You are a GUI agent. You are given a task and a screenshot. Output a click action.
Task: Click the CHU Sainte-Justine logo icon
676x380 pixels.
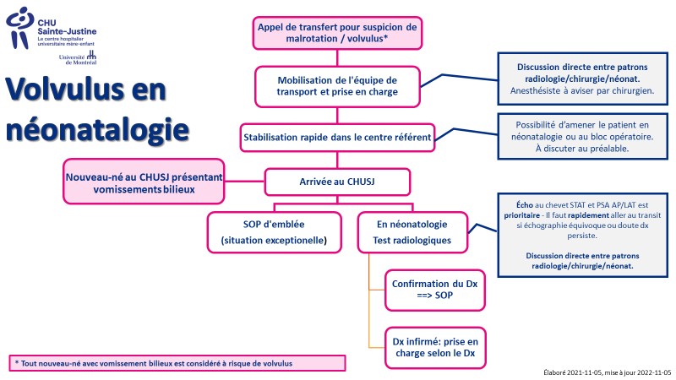(19, 28)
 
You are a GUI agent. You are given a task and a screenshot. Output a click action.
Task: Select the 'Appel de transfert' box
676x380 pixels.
(337, 33)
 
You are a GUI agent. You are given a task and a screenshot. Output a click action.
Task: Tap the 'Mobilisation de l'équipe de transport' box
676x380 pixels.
(337, 86)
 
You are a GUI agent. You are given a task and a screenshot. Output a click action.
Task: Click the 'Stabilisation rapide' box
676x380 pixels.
(337, 138)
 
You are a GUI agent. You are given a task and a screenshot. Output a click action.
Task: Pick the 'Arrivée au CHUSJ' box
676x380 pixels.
(337, 182)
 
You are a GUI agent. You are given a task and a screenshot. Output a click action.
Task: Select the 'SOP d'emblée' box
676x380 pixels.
(274, 232)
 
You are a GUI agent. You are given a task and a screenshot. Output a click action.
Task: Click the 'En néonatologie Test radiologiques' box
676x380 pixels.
(412, 232)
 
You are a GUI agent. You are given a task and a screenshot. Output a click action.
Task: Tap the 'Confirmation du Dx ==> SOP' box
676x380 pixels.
(435, 290)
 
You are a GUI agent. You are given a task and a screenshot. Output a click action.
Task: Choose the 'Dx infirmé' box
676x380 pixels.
(435, 348)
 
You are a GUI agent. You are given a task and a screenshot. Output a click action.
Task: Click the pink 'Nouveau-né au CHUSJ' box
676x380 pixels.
(144, 182)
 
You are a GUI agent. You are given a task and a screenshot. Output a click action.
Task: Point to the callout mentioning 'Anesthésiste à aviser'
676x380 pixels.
(582, 79)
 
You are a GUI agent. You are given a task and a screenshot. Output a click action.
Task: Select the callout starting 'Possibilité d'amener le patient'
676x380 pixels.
(582, 137)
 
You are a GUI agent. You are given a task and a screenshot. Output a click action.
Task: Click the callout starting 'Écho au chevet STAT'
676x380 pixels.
(582, 236)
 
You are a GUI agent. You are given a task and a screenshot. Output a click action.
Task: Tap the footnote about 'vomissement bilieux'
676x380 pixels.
(177, 363)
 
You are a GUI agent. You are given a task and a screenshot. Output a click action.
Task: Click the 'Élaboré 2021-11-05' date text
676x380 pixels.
(608, 372)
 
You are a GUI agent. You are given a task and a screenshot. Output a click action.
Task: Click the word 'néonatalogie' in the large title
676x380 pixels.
(97, 130)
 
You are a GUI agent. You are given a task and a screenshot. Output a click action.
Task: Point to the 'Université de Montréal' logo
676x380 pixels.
(78, 57)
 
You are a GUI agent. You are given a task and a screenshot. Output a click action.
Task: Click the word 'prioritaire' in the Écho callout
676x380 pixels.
(521, 215)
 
